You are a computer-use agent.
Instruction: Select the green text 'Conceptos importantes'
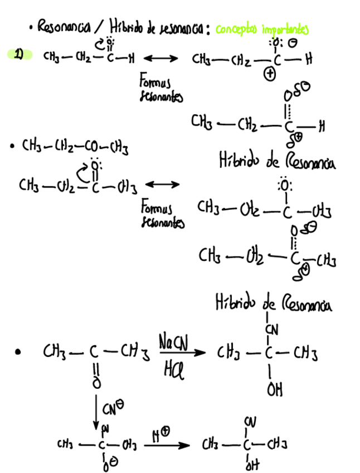tap(261, 29)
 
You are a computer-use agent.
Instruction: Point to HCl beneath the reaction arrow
tap(172, 368)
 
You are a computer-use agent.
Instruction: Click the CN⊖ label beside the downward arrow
tap(111, 412)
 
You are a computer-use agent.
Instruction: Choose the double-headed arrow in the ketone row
tap(162, 184)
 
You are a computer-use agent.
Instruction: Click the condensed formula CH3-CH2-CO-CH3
tap(75, 147)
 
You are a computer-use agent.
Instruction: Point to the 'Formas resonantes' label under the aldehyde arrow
tap(161, 89)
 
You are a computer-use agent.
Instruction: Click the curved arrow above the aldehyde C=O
tap(101, 43)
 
